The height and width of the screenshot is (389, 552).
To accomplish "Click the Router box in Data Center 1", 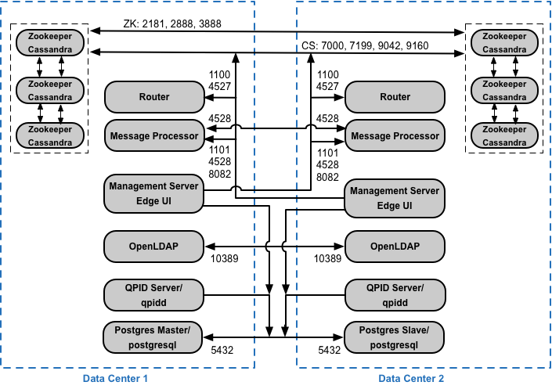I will (154, 97).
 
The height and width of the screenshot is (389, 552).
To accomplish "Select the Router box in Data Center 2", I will (395, 97).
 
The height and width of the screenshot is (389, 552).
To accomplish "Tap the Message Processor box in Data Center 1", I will (154, 136).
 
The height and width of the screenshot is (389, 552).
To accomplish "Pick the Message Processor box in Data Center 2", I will (395, 136).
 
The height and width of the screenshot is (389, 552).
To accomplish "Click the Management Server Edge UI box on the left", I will (154, 193).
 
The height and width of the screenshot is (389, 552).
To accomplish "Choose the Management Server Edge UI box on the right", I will (395, 197).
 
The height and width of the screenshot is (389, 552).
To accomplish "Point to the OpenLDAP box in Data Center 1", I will (154, 247).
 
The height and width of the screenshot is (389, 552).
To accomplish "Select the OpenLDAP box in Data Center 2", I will (395, 247).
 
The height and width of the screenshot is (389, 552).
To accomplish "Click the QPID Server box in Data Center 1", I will (154, 295).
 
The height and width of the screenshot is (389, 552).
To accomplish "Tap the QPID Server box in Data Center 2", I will (395, 295).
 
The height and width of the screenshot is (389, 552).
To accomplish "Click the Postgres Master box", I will (153, 337).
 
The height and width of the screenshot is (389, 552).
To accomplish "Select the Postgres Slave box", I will (395, 337).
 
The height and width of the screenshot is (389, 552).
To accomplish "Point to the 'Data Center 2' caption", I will (411, 379).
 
